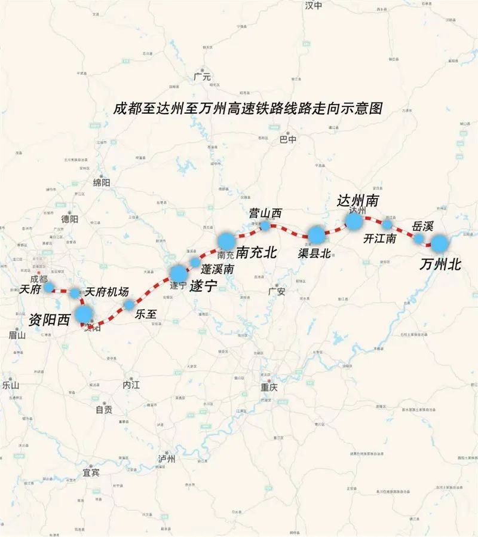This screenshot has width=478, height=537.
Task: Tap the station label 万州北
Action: coord(440,264)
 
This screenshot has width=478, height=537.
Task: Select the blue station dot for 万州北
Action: coord(439,243)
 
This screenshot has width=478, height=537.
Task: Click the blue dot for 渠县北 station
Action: coord(315,234)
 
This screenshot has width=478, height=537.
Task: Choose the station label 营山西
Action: coord(265,213)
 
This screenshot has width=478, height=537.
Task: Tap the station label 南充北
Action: coord(256,252)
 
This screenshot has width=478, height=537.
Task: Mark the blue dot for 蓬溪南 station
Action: coord(195,262)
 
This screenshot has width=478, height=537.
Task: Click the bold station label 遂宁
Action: coord(203,286)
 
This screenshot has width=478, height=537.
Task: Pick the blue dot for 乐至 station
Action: coord(129,305)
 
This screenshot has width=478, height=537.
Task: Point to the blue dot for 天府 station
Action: coord(48,287)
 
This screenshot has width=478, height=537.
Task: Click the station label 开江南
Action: coord(380,238)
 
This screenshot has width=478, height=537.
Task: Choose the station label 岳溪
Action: coord(422,226)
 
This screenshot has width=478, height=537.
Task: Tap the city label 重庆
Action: coord(269,387)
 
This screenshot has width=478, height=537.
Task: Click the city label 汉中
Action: coord(313,5)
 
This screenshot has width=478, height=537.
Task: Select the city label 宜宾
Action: coord(91,472)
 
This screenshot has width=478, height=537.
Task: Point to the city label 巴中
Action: coord(288,139)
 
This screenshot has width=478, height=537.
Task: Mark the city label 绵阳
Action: coord(102,182)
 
